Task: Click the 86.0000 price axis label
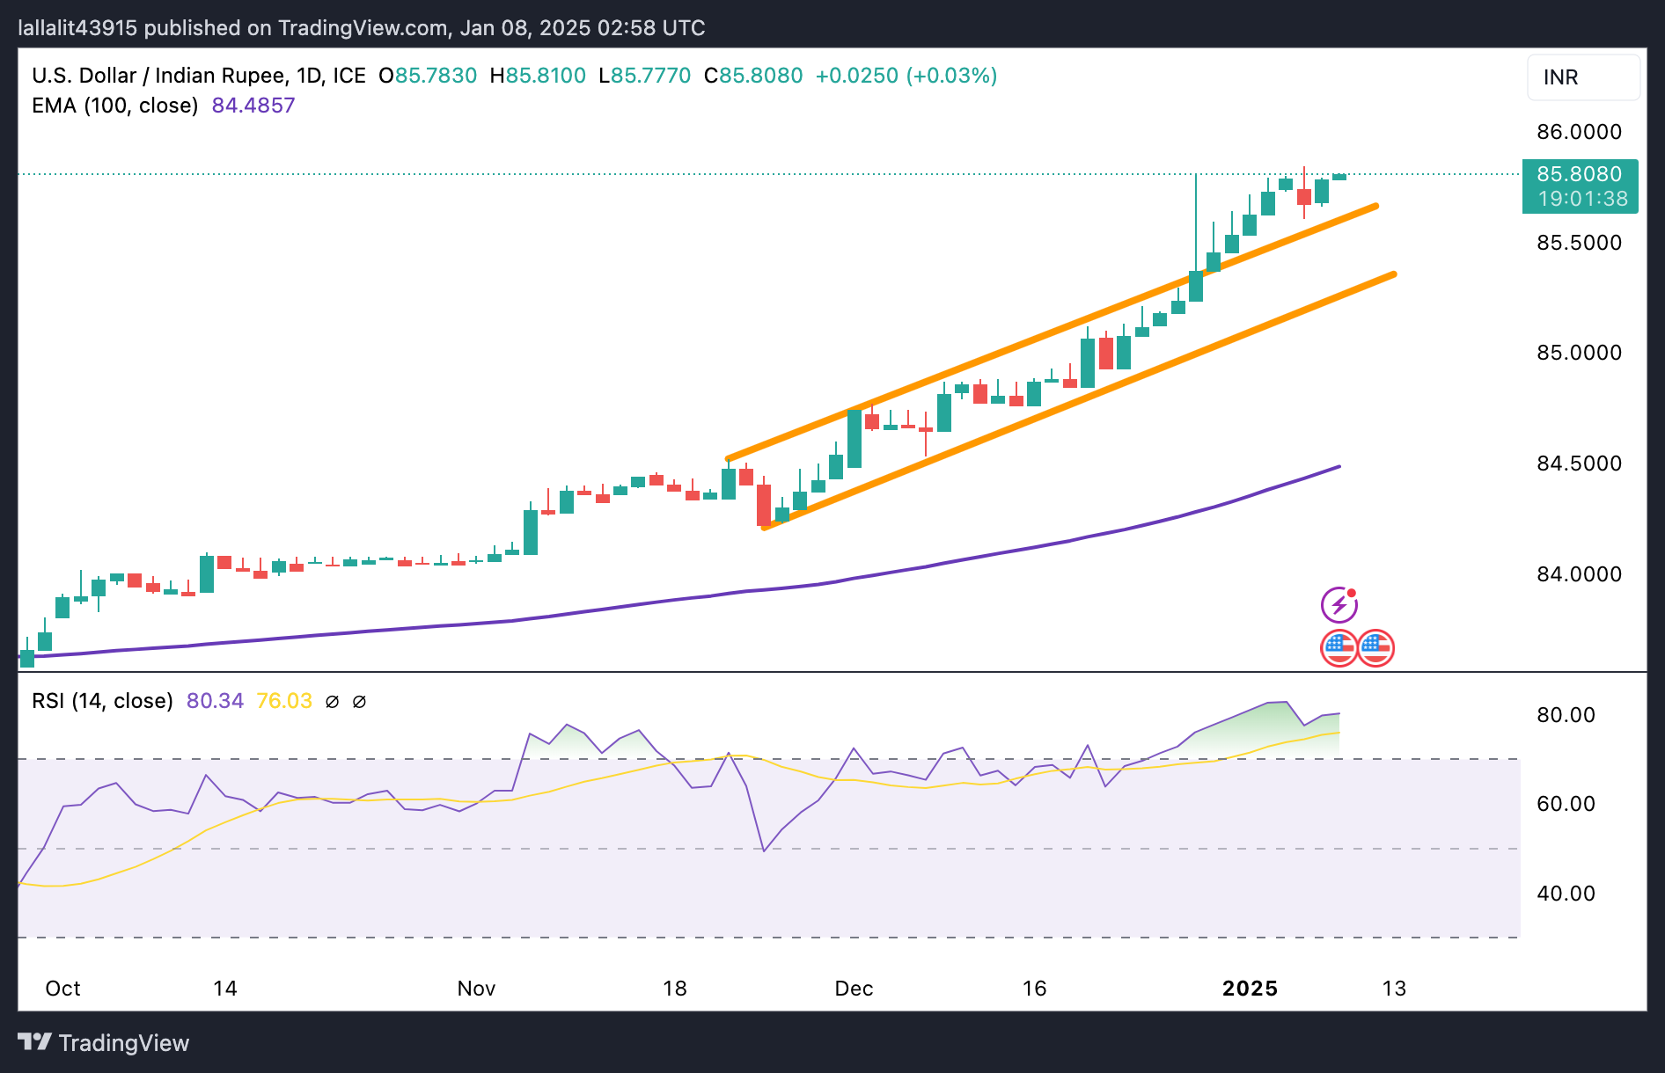coord(1579,132)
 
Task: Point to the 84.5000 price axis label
coord(1579,464)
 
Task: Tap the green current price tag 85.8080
coord(1579,174)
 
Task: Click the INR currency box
coord(1582,77)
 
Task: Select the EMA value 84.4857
coord(253,106)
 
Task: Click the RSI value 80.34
coord(215,701)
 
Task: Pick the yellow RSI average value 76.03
coord(283,701)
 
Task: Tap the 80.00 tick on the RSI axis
coord(1566,715)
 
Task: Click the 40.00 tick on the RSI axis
coord(1566,894)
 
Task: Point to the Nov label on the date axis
coord(476,989)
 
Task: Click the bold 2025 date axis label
coord(1250,989)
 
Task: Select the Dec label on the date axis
coord(854,989)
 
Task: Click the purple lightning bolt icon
coord(1339,605)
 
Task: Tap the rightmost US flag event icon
coord(1375,649)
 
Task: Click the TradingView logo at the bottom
coord(104,1043)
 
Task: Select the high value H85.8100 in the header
coord(538,76)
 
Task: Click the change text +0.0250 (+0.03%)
coord(906,76)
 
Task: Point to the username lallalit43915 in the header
coord(77,28)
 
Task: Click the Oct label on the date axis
coord(62,989)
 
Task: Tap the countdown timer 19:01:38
coord(1582,199)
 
